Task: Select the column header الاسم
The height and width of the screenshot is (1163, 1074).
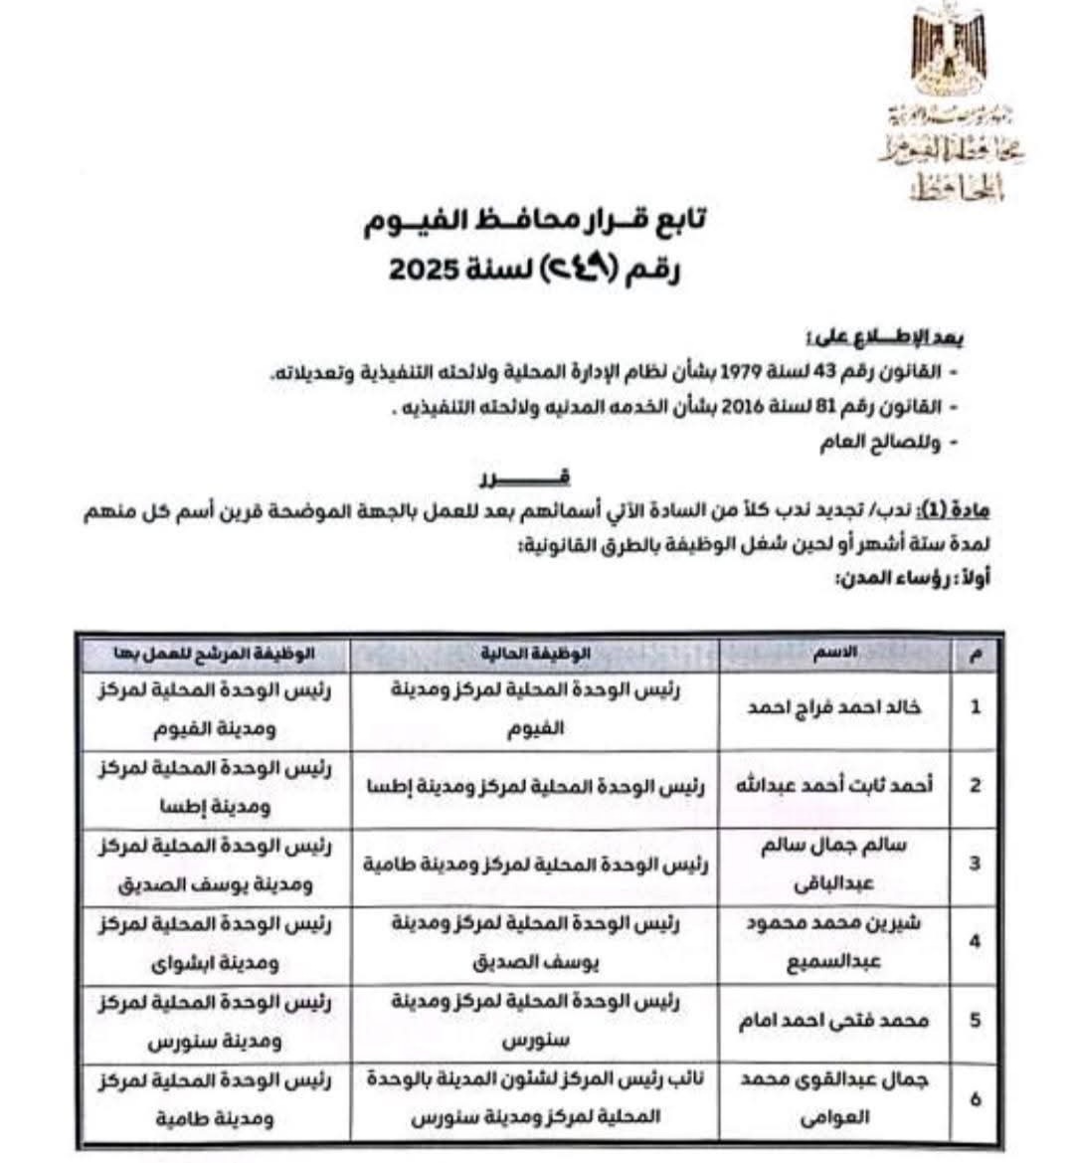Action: [x=835, y=654]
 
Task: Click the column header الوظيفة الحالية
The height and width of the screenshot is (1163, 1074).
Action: [x=535, y=654]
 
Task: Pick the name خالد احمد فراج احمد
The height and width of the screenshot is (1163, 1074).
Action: [x=835, y=707]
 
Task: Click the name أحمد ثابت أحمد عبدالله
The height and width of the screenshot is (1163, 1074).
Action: [x=835, y=785]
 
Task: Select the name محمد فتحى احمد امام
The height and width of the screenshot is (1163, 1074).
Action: [x=835, y=1021]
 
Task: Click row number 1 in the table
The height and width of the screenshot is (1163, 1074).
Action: [x=975, y=707]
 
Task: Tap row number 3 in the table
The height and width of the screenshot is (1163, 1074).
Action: [x=975, y=864]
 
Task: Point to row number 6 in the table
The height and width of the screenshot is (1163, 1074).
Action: [x=975, y=1099]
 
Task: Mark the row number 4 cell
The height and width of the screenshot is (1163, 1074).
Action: [x=975, y=941]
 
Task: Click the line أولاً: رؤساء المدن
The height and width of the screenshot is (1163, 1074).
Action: [x=916, y=577]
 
